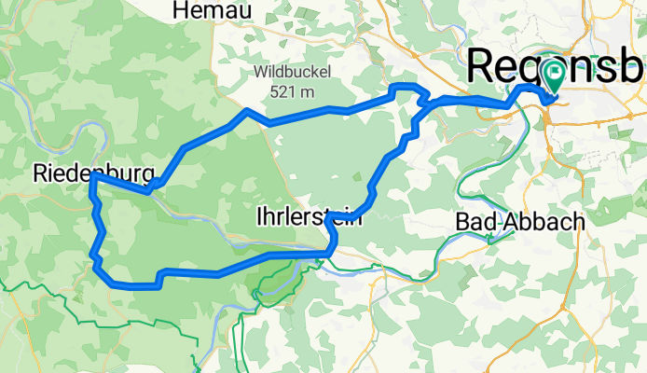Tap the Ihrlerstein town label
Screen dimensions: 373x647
pos(309,217)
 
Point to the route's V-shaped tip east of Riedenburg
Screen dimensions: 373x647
pos(150,191)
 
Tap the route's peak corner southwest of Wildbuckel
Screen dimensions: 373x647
pos(246,111)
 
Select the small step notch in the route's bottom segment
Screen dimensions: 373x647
pos(161,277)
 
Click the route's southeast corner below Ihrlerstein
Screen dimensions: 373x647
pos(330,250)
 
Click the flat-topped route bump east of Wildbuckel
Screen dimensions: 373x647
pos(405,88)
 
